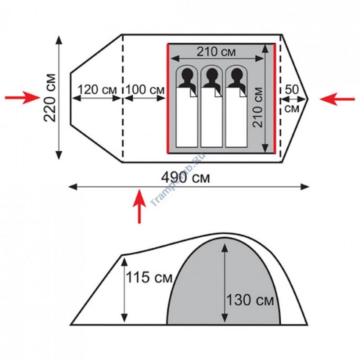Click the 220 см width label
(x=50, y=98)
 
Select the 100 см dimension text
(x=145, y=90)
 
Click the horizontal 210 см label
(x=216, y=52)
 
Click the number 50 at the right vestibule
(x=292, y=89)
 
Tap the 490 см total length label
(x=185, y=178)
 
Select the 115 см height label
(x=149, y=277)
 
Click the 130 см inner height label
(x=250, y=300)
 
